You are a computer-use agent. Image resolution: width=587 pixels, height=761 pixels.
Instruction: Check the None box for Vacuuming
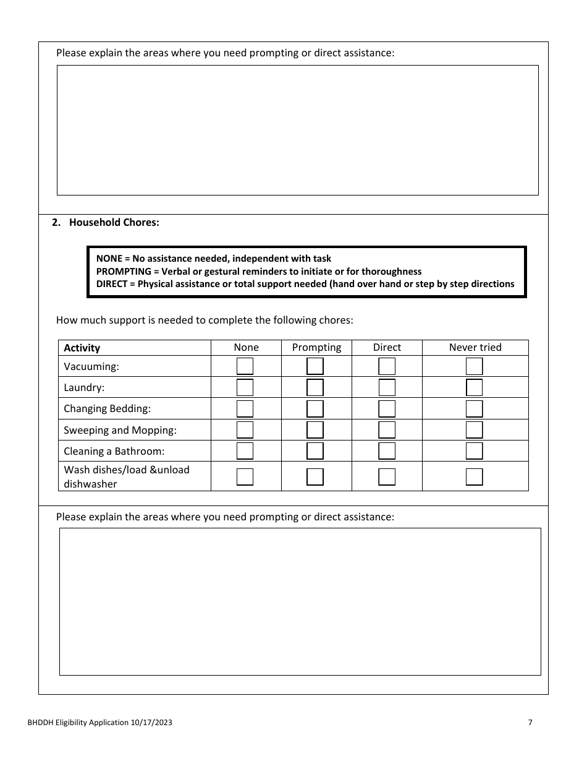click(x=245, y=366)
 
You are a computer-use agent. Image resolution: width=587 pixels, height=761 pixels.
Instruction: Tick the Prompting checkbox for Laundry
click(x=315, y=388)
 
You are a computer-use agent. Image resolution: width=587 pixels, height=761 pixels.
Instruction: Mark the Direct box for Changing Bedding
click(x=387, y=409)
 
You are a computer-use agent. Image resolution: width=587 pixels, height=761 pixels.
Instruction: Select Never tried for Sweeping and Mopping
click(x=474, y=430)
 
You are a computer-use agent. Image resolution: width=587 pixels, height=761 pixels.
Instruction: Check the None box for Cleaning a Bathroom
click(x=245, y=451)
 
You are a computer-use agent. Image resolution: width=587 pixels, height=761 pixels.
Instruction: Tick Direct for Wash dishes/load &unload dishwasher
click(x=387, y=476)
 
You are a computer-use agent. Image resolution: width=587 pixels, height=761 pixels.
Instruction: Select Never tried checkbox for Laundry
click(x=474, y=388)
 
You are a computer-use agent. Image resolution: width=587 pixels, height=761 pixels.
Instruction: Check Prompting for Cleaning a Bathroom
click(x=315, y=451)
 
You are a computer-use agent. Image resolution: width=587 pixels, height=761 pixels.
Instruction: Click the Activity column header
click(x=82, y=348)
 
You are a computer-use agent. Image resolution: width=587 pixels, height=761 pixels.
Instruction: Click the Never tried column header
click(x=475, y=347)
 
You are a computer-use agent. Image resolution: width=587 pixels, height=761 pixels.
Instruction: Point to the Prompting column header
click(x=316, y=347)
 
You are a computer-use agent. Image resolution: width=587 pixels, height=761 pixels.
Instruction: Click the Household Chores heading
click(x=114, y=223)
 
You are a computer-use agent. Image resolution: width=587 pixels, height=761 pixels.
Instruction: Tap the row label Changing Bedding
click(x=107, y=409)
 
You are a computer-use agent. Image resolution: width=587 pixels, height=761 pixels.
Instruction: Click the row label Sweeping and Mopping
click(x=120, y=430)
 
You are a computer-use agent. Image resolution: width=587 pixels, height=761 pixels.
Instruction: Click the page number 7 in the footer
click(x=530, y=722)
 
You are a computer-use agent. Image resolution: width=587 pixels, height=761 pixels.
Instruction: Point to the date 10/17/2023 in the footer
click(x=151, y=722)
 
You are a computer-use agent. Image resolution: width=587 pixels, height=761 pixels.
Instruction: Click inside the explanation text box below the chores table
click(x=300, y=601)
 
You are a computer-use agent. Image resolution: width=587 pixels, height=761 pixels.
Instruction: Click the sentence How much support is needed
click(x=204, y=320)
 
